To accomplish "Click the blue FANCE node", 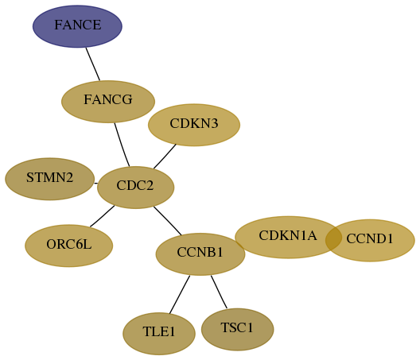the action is [77, 26].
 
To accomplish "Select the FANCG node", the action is [108, 102].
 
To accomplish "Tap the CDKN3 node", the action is [194, 125].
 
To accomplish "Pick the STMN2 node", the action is [50, 179].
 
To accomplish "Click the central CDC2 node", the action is [135, 188].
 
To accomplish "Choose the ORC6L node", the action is [69, 246].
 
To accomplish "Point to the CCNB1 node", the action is [200, 254].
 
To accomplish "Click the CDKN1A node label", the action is [288, 235].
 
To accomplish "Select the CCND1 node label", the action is [370, 238].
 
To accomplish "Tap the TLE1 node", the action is [159, 334].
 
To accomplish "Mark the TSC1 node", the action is [237, 329].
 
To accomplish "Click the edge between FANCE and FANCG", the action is [93, 64].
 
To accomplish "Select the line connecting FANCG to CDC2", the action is [122, 145].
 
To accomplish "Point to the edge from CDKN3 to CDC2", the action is [165, 157].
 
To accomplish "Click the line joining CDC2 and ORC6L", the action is [103, 216].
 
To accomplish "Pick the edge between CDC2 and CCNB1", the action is [167, 221].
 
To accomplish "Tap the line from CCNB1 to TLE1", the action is [180, 294].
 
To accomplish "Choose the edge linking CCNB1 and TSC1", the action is [219, 292].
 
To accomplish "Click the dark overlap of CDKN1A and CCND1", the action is [333, 238].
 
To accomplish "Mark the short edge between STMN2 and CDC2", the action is [96, 184].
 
